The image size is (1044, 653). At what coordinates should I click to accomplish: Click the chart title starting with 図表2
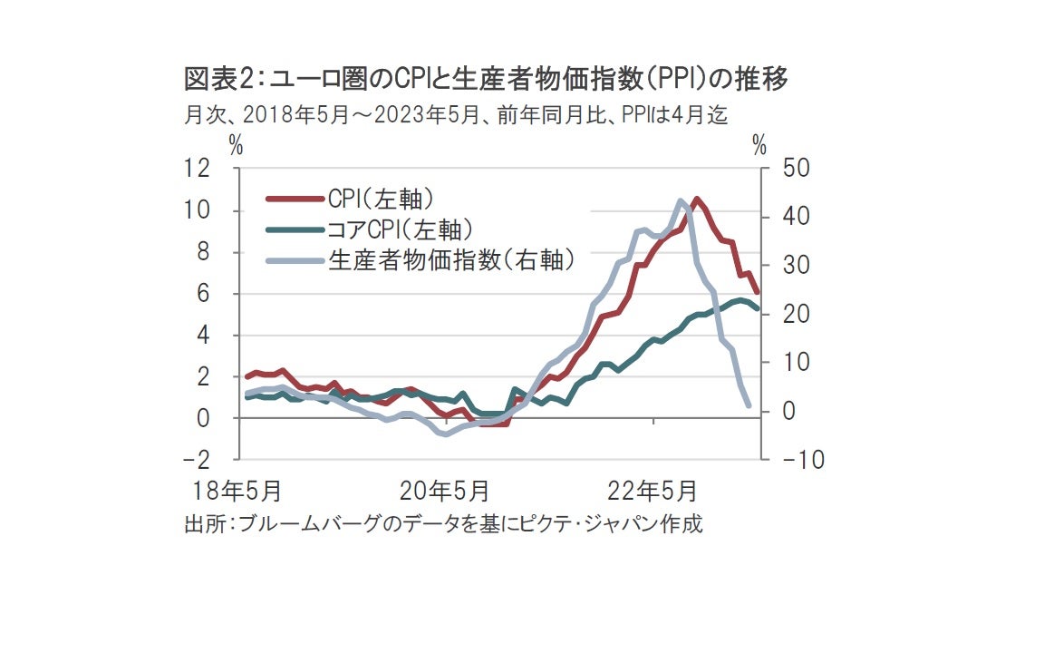click(486, 80)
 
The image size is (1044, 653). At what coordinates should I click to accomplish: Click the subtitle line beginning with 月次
click(456, 115)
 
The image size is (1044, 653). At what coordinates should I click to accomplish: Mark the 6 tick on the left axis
click(225, 293)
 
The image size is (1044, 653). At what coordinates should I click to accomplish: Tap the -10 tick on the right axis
click(778, 460)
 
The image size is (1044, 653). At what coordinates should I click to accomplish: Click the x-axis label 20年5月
click(445, 492)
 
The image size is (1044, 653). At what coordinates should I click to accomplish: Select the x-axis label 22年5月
click(652, 492)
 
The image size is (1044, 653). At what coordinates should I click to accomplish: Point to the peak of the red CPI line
click(696, 199)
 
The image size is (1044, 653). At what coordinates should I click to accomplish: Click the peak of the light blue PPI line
click(681, 200)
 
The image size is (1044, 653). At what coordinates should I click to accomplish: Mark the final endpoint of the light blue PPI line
click(749, 405)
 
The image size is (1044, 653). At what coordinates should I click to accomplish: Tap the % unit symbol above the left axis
click(237, 145)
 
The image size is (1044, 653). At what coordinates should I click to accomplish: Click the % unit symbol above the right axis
click(759, 145)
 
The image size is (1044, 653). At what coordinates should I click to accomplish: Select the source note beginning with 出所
click(443, 524)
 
